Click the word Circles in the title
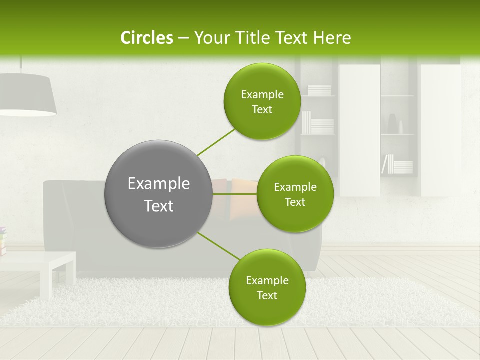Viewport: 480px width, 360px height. click(146, 38)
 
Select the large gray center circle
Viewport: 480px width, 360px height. click(158, 194)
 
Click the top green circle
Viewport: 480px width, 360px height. click(262, 101)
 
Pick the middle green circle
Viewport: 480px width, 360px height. click(295, 194)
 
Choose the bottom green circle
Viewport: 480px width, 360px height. click(267, 287)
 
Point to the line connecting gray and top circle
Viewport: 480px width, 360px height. click(216, 142)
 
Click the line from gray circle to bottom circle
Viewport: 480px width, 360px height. click(219, 245)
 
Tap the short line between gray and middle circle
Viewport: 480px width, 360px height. click(234, 194)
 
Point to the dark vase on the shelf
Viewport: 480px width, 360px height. click(392, 124)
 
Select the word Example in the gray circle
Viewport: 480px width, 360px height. click(158, 184)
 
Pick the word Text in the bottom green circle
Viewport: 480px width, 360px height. click(267, 295)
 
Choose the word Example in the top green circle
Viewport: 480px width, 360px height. click(262, 94)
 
